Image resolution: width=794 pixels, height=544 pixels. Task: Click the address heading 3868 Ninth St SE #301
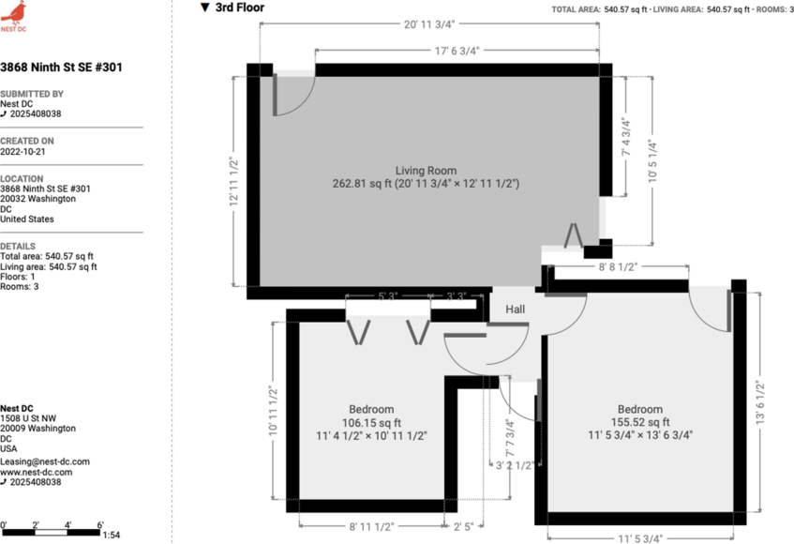click(61, 68)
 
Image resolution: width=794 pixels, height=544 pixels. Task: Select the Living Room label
click(426, 171)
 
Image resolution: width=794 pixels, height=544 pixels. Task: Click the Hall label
click(516, 310)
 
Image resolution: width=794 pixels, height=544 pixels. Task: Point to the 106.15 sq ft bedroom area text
click(371, 422)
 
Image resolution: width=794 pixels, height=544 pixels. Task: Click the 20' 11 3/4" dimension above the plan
click(429, 25)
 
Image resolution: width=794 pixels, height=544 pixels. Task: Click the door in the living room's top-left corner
click(292, 95)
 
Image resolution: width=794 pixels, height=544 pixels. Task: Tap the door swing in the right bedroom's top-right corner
click(710, 308)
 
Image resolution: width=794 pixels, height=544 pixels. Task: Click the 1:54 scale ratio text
click(111, 535)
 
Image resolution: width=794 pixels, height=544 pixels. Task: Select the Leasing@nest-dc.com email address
click(45, 461)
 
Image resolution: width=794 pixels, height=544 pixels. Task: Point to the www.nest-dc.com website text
click(36, 472)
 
